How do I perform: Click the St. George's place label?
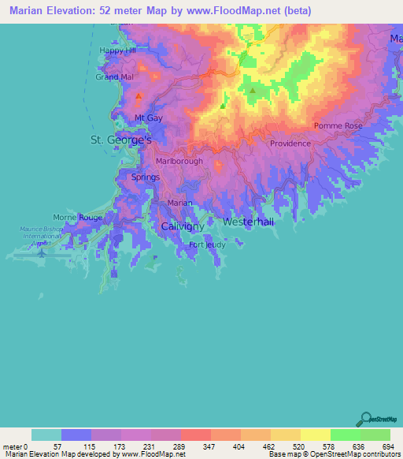[119, 140]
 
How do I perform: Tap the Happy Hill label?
[119, 50]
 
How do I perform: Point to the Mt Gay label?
[148, 118]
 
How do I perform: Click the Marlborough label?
[179, 161]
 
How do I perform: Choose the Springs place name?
[146, 177]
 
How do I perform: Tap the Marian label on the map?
[180, 203]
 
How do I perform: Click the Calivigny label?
[183, 226]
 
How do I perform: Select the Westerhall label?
[249, 222]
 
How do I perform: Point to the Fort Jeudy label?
[206, 244]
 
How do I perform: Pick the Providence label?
[290, 144]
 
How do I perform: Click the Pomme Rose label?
[338, 126]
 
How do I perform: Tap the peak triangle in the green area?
[253, 91]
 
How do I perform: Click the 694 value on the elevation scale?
[385, 446]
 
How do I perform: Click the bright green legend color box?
[345, 435]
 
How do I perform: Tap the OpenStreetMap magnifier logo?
[364, 418]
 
